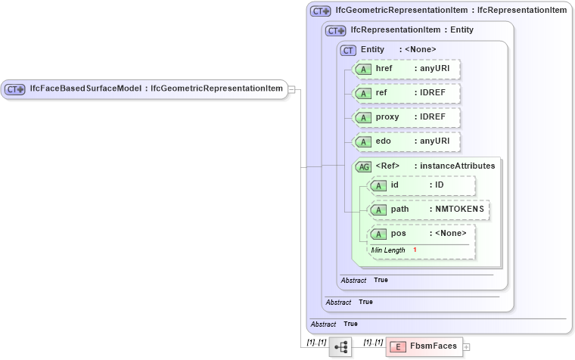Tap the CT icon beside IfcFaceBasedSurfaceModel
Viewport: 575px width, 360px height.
point(15,89)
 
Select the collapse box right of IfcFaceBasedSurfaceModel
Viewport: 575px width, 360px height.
point(292,89)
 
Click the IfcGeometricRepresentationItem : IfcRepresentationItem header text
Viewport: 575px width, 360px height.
point(451,11)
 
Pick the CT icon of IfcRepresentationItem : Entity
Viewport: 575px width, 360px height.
point(335,30)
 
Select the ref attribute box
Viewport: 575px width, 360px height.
point(406,93)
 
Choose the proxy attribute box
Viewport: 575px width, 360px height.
point(406,117)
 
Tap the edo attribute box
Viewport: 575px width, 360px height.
point(406,141)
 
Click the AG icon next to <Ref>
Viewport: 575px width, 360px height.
point(363,166)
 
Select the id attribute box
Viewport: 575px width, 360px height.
point(421,185)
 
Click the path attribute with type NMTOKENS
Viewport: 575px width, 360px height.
point(428,209)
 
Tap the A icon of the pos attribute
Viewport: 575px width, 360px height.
point(378,234)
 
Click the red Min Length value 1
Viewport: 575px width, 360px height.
point(415,250)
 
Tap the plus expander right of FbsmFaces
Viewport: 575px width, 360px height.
point(466,347)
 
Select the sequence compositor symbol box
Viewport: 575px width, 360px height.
point(340,346)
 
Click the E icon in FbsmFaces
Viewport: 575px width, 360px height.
point(399,346)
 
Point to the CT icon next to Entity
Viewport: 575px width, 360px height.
point(349,50)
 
